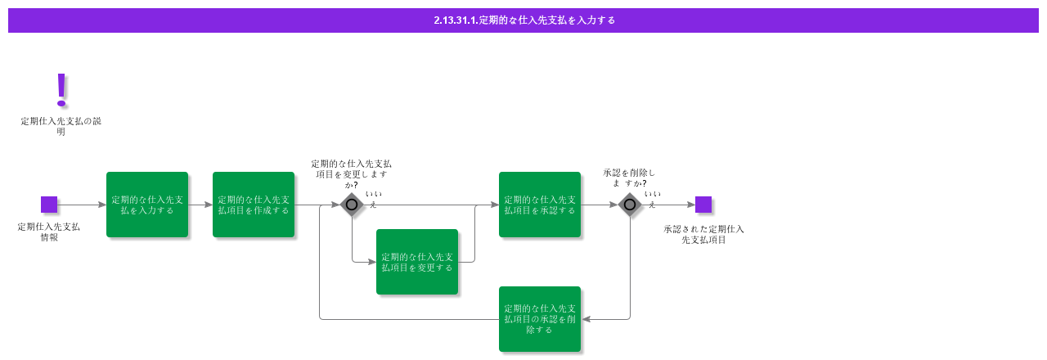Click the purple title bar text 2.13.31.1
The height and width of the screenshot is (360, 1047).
tap(523, 20)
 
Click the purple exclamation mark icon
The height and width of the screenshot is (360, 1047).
tap(61, 90)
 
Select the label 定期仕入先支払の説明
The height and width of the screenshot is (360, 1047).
tap(61, 126)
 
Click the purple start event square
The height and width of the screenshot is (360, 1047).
tap(49, 205)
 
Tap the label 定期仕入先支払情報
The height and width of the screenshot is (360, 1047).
tap(49, 232)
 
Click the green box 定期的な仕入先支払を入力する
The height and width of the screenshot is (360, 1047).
tap(147, 205)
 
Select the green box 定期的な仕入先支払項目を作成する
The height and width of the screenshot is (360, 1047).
tap(254, 205)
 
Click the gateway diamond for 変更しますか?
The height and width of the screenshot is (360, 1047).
tap(352, 205)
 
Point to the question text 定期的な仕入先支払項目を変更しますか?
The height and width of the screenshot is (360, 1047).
tap(351, 173)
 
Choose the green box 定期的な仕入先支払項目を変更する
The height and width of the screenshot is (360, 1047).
tap(417, 262)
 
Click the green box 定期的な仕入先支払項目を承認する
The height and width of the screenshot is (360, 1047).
tap(540, 205)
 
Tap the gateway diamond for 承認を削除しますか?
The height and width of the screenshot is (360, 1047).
tap(630, 205)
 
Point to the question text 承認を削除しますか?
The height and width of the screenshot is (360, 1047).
tap(629, 178)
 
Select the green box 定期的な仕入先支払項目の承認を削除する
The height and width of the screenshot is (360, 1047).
tap(540, 319)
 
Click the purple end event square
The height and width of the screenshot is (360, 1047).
tap(703, 205)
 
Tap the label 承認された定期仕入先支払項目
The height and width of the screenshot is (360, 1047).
tap(703, 234)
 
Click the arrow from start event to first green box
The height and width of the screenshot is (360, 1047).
tap(82, 205)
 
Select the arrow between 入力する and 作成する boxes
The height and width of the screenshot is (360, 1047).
tap(200, 205)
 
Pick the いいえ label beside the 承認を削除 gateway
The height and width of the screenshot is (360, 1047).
tap(652, 199)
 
